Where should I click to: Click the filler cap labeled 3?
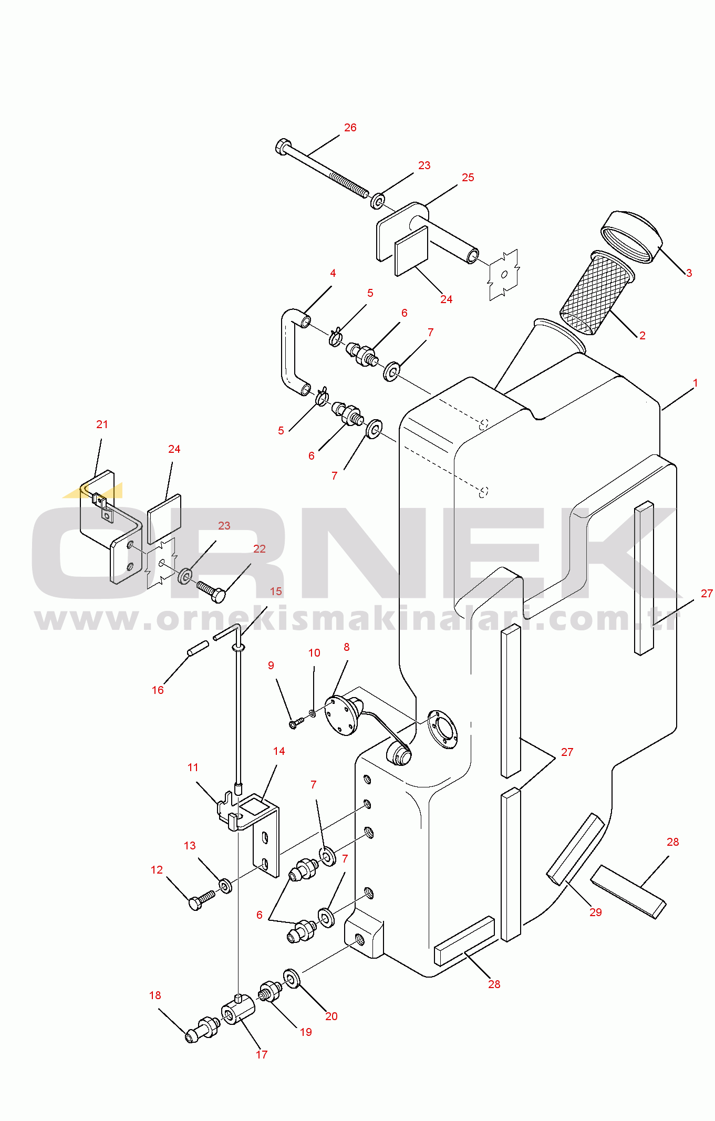coord(631,237)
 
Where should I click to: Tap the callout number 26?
coord(350,128)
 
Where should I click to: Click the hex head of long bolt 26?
coord(283,147)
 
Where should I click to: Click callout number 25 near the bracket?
coord(468,178)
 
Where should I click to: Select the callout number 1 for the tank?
coord(696,383)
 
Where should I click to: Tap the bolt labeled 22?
coord(211,591)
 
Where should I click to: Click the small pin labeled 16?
coord(198,648)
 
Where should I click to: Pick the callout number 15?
coord(276,591)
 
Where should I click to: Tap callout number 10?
coord(314,653)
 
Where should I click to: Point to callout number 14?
coord(279,751)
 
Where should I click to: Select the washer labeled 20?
coord(292,978)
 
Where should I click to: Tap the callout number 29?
coord(596,912)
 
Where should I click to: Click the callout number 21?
coord(102,424)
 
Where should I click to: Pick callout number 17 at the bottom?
coord(262,1054)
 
